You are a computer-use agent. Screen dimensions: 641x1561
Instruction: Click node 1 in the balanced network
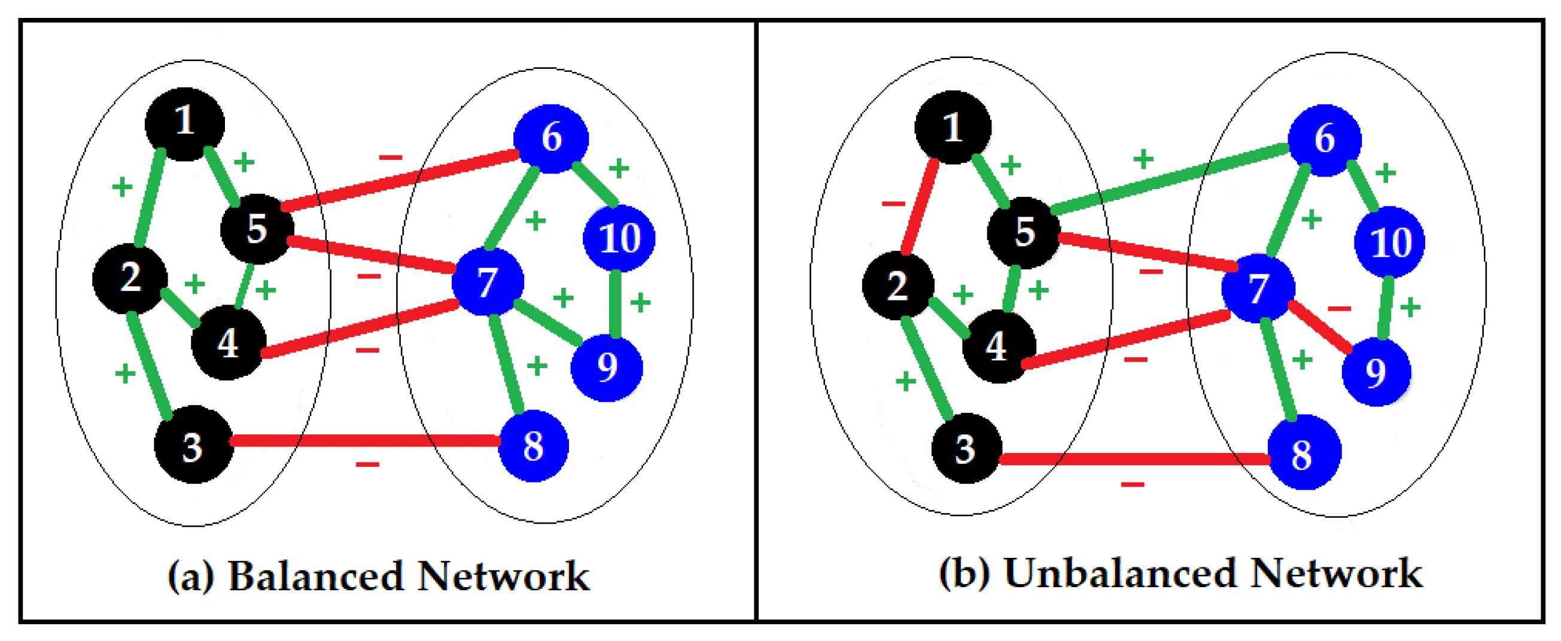pyautogui.click(x=185, y=124)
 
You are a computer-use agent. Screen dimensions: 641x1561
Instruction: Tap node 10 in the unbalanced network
pyautogui.click(x=1389, y=242)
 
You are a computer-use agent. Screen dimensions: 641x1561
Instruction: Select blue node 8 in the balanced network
pyautogui.click(x=533, y=446)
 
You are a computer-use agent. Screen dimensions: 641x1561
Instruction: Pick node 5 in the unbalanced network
pyautogui.click(x=1024, y=232)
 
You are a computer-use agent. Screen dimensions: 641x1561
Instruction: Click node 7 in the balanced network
pyautogui.click(x=488, y=281)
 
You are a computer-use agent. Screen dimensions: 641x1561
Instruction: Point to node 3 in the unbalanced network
pyautogui.click(x=965, y=449)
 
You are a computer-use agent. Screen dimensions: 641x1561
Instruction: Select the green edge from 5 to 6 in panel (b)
pyautogui.click(x=1170, y=178)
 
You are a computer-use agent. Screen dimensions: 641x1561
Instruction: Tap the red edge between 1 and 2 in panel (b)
pyautogui.click(x=920, y=206)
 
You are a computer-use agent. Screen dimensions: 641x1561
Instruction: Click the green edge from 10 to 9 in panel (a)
pyautogui.click(x=615, y=303)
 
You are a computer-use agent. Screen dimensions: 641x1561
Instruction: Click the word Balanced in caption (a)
pyautogui.click(x=315, y=576)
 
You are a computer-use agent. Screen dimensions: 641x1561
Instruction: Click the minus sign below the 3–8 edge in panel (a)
pyautogui.click(x=367, y=464)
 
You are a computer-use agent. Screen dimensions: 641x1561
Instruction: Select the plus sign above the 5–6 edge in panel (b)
pyautogui.click(x=1143, y=159)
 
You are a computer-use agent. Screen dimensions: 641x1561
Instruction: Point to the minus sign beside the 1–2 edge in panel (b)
pyautogui.click(x=893, y=203)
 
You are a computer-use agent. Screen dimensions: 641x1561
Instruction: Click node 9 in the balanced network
pyautogui.click(x=607, y=367)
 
